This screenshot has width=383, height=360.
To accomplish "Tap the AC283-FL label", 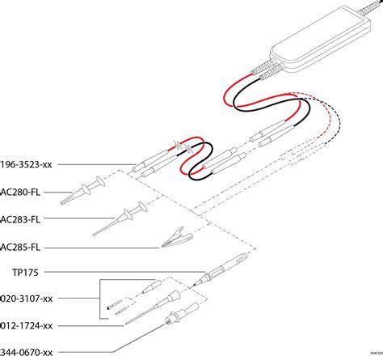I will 21,218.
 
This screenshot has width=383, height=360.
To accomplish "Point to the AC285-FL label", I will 21,246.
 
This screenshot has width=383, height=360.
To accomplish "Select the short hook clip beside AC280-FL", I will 89,191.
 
